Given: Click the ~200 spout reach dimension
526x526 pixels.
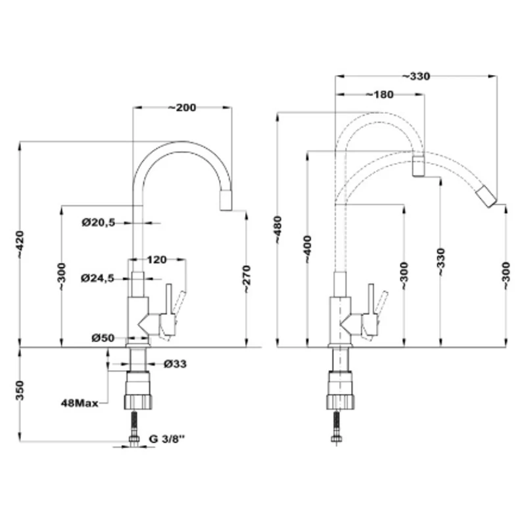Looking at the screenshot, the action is tap(182, 108).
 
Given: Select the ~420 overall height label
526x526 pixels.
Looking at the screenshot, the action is tap(20, 245).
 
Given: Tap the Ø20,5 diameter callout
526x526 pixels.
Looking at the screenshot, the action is tap(98, 222).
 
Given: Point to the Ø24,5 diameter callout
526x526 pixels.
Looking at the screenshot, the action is tap(97, 278).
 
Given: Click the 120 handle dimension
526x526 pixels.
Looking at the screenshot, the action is tap(156, 260).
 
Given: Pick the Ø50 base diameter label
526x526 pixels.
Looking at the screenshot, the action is tap(103, 338).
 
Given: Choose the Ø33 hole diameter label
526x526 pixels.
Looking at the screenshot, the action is tap(175, 364).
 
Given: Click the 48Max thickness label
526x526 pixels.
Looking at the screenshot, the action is tap(80, 403).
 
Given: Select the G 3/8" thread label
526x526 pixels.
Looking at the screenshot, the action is tap(167, 439).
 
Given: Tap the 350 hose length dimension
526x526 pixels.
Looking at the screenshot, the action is tap(20, 390).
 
